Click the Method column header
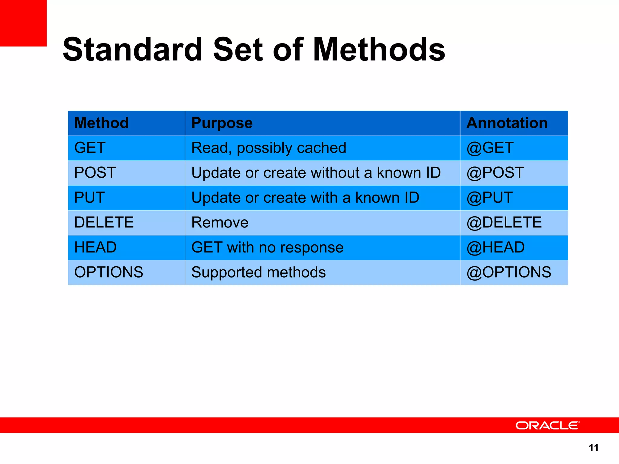[102, 123]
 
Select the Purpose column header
[222, 123]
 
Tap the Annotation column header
[507, 123]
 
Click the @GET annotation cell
[490, 148]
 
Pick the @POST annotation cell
[495, 173]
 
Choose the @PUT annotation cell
[490, 198]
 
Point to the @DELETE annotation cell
[504, 223]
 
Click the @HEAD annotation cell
[496, 247]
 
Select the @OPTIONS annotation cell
[509, 272]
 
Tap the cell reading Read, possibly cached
[269, 148]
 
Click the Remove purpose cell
[220, 223]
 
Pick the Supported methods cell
[258, 272]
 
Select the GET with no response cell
[267, 247]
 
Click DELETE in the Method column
[104, 223]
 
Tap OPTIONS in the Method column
[109, 272]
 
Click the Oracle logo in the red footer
[547, 425]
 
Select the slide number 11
[594, 448]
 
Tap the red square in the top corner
[23, 23]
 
